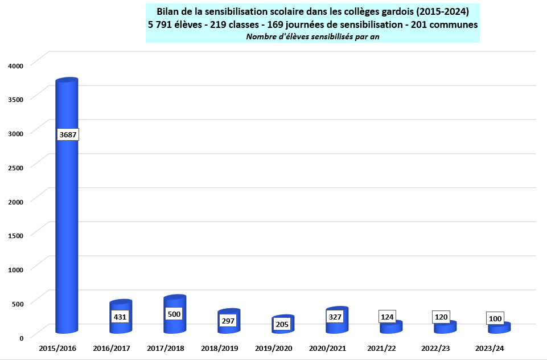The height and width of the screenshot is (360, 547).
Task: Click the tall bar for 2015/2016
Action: (x=66, y=228)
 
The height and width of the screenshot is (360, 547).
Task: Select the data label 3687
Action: (x=67, y=134)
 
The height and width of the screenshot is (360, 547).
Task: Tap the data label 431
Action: (x=120, y=316)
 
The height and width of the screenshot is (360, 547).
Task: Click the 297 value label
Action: (x=228, y=321)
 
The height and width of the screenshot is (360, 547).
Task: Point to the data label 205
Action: (x=282, y=324)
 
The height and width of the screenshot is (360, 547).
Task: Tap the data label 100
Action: (x=495, y=318)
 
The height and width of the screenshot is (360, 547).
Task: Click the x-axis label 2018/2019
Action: (x=220, y=347)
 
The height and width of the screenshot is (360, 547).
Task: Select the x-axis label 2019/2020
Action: (x=274, y=347)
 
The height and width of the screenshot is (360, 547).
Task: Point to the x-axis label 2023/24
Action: (x=490, y=347)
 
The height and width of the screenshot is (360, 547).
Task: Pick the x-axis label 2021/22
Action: (x=382, y=347)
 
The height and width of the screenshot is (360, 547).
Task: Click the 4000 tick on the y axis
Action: (x=16, y=65)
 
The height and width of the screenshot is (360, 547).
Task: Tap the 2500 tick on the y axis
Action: (x=16, y=167)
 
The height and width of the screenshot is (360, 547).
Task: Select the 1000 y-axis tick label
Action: (x=16, y=269)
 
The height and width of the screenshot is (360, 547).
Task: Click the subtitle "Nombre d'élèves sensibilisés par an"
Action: (x=312, y=36)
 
